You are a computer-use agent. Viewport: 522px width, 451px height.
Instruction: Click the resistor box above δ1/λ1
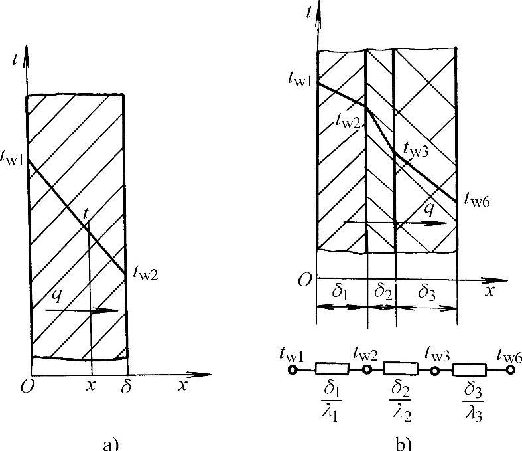click(x=332, y=369)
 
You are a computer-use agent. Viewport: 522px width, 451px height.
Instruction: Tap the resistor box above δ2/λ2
click(x=401, y=369)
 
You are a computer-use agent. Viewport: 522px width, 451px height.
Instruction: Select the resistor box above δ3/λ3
click(x=470, y=369)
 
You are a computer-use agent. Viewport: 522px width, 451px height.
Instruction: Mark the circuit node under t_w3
click(x=435, y=369)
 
